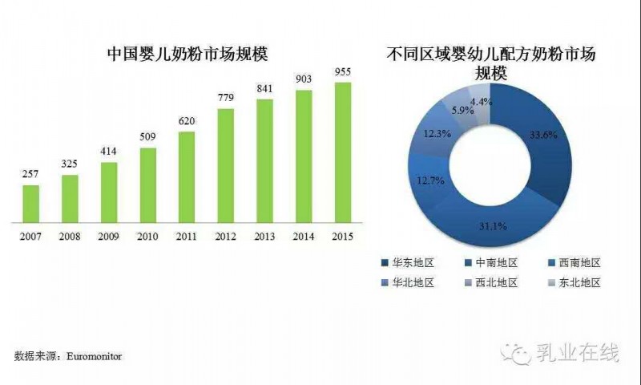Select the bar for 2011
(187, 180)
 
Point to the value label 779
(225, 98)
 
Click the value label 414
(109, 151)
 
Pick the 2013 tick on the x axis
(264, 237)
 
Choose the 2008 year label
(70, 237)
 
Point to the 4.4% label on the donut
(481, 102)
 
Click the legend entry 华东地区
(407, 263)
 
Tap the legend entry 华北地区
(407, 282)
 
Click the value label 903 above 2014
(304, 79)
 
